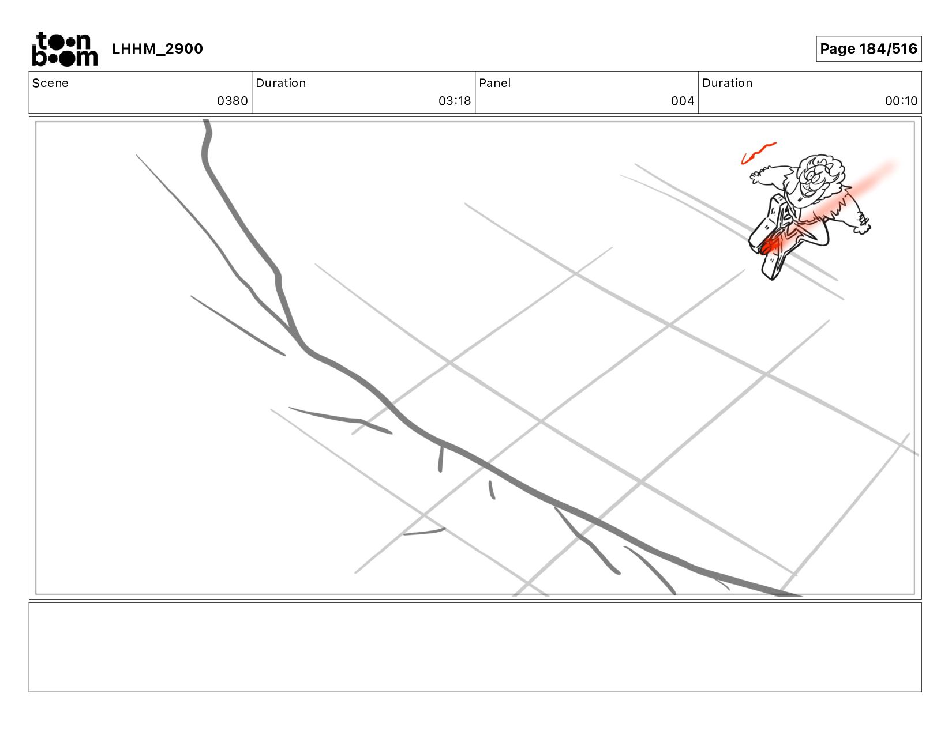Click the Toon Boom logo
coord(65,49)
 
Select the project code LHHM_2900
coord(158,48)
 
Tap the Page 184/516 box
coord(868,48)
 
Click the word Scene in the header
coord(50,83)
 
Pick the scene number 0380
coord(232,101)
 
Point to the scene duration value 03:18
coord(454,101)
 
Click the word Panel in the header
coord(494,83)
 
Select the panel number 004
coord(682,101)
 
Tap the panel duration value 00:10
coord(901,101)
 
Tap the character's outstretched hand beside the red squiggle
coord(758,175)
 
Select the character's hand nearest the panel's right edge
coord(862,224)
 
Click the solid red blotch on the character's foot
coord(769,246)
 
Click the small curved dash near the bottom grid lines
coord(424,532)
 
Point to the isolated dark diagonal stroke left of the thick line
coord(238,325)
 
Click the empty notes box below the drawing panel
coord(475,647)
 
